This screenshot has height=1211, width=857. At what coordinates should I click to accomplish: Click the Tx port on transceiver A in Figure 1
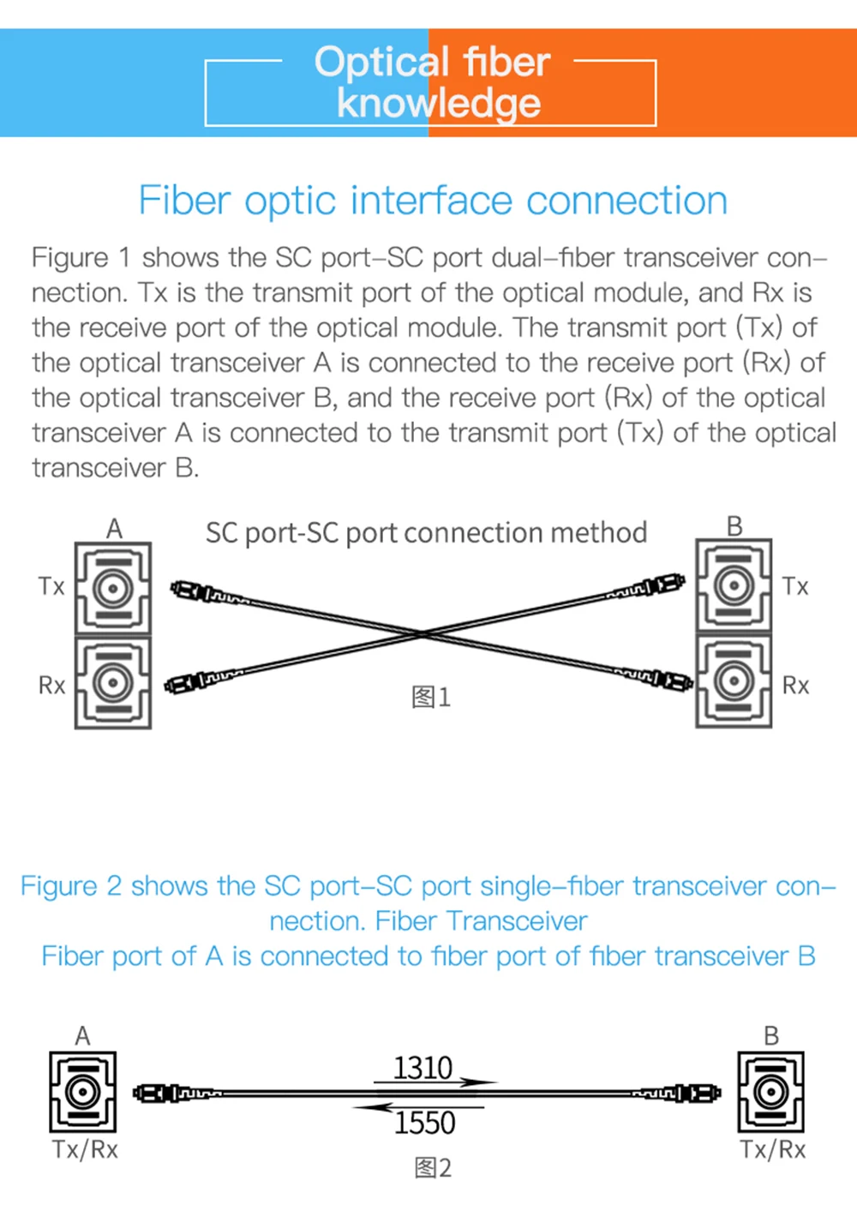point(113,588)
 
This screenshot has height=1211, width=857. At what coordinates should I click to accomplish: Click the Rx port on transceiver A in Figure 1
point(113,682)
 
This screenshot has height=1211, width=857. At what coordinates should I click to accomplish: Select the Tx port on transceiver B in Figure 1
point(734,586)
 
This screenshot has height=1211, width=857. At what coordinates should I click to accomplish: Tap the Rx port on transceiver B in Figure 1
point(734,681)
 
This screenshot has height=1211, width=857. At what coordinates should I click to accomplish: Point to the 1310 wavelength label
point(423,1068)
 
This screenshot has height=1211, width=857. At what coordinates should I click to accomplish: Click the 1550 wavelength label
point(424,1123)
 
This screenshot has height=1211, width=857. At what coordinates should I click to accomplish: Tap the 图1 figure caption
point(430,697)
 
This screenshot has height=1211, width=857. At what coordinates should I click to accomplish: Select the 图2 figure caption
point(432,1167)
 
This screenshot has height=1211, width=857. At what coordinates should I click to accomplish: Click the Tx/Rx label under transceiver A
point(85,1149)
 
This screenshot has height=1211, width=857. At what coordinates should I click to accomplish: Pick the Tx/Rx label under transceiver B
point(773,1149)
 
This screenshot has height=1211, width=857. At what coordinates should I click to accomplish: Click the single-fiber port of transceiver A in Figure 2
point(82,1092)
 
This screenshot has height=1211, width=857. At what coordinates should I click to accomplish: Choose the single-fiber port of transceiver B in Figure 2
point(770,1092)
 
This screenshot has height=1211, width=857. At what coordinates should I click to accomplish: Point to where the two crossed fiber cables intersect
point(424,634)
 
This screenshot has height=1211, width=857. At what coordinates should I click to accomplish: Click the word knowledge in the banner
point(438,103)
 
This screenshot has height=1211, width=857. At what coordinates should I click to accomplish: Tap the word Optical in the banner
point(381,62)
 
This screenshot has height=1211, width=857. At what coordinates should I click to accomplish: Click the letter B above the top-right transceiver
point(734,526)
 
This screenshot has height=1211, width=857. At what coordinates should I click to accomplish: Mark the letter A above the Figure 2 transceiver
point(82,1035)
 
